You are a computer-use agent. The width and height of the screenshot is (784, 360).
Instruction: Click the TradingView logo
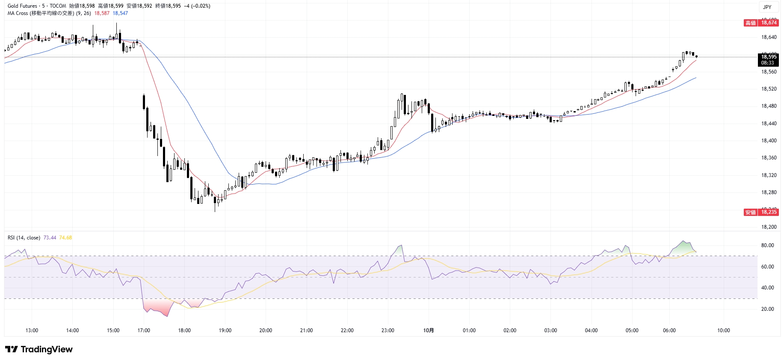click(x=39, y=349)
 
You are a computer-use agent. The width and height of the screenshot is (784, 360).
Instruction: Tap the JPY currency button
click(x=767, y=7)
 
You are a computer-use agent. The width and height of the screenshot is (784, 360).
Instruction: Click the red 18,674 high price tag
click(x=769, y=23)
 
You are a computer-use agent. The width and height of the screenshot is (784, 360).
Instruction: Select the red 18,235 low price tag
click(x=769, y=212)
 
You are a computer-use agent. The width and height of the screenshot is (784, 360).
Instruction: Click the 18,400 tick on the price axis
click(x=769, y=141)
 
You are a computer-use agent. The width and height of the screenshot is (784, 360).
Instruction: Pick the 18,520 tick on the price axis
click(x=769, y=89)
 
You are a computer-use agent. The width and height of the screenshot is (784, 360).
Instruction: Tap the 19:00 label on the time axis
click(x=225, y=330)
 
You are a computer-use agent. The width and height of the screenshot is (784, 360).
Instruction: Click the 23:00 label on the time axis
click(x=388, y=330)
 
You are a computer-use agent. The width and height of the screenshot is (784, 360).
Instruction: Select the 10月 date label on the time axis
click(x=429, y=330)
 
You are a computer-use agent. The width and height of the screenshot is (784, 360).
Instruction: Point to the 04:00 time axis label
click(x=591, y=330)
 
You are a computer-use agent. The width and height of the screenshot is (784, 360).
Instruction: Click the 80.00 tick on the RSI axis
click(x=767, y=245)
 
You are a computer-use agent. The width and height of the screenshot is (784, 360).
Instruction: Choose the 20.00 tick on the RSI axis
click(x=767, y=309)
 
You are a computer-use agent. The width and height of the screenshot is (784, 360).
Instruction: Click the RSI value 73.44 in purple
click(x=50, y=238)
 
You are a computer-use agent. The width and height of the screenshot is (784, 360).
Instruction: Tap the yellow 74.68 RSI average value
click(x=65, y=238)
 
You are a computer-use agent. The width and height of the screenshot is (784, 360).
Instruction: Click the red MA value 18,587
click(x=102, y=13)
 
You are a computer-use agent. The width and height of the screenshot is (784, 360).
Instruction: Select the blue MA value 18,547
click(x=120, y=13)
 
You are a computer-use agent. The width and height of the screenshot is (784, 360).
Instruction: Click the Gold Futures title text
click(x=22, y=6)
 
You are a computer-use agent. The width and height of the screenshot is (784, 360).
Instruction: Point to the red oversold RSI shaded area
click(x=156, y=307)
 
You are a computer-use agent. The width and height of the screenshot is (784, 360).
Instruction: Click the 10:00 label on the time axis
click(x=723, y=330)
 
